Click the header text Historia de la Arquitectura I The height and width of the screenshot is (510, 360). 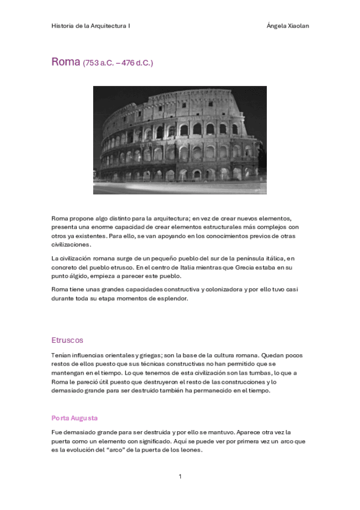[x=91, y=26]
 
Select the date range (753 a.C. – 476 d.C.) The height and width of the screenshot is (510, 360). [x=118, y=63]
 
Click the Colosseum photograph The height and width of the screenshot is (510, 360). [x=180, y=140]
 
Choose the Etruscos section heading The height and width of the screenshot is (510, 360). [x=67, y=340]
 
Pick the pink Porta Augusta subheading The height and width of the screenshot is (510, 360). [x=75, y=417]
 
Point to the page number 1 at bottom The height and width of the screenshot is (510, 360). [x=180, y=476]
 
